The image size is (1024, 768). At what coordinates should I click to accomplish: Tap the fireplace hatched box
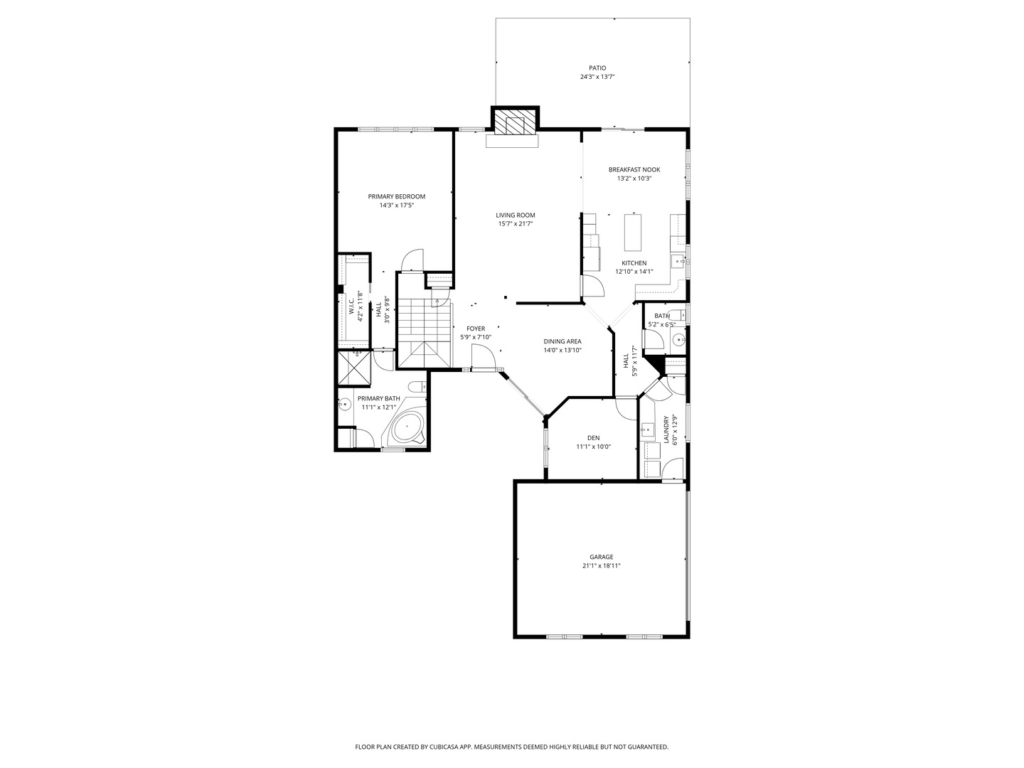point(515,123)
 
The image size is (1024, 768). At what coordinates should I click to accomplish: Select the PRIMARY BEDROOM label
point(396,196)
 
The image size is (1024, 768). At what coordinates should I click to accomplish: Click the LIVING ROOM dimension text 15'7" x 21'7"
point(516,224)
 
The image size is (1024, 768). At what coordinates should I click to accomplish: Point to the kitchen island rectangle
point(634,232)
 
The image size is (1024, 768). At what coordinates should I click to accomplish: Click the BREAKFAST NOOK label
point(634,169)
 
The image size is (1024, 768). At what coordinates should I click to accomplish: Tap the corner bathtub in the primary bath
point(407,428)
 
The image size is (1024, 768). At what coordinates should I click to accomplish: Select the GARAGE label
point(601,557)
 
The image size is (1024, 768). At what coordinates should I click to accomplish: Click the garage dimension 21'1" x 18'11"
point(601,566)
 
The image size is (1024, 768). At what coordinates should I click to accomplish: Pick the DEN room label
point(593,438)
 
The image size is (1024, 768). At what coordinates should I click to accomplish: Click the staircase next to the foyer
point(425,332)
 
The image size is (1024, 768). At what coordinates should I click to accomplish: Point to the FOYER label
point(476,329)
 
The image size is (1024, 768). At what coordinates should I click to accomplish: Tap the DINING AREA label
point(562,341)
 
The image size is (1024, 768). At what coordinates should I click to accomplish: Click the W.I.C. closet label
point(351,306)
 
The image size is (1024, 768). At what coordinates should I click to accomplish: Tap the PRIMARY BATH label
point(378,399)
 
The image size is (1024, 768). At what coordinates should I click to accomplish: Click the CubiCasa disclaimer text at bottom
point(511,747)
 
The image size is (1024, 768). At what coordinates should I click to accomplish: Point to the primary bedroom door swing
point(412,260)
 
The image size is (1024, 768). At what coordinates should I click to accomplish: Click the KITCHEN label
point(634,263)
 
